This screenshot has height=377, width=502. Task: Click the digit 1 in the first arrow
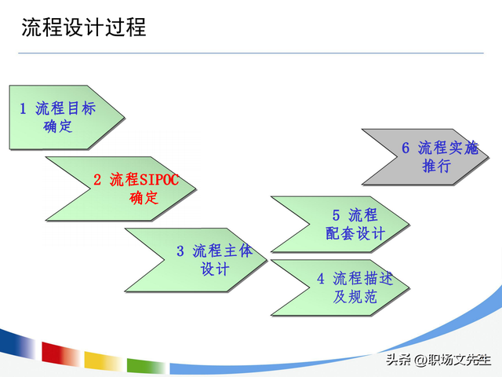(x=24, y=108)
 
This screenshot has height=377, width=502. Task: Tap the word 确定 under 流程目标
(x=58, y=126)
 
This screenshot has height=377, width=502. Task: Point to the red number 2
(x=97, y=180)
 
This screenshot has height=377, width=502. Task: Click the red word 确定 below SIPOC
(x=144, y=198)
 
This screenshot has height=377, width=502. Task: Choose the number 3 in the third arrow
(x=180, y=251)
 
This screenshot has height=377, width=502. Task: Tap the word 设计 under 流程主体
(x=215, y=269)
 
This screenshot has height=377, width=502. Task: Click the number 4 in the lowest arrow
(x=321, y=279)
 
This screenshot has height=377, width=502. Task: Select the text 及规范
(x=355, y=297)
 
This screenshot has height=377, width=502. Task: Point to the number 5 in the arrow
(x=336, y=215)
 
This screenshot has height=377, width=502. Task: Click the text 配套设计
(x=355, y=233)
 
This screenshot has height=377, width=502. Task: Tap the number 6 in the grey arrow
(x=406, y=148)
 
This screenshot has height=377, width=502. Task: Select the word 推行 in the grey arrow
(x=436, y=166)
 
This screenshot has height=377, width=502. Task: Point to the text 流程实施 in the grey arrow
(x=448, y=148)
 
